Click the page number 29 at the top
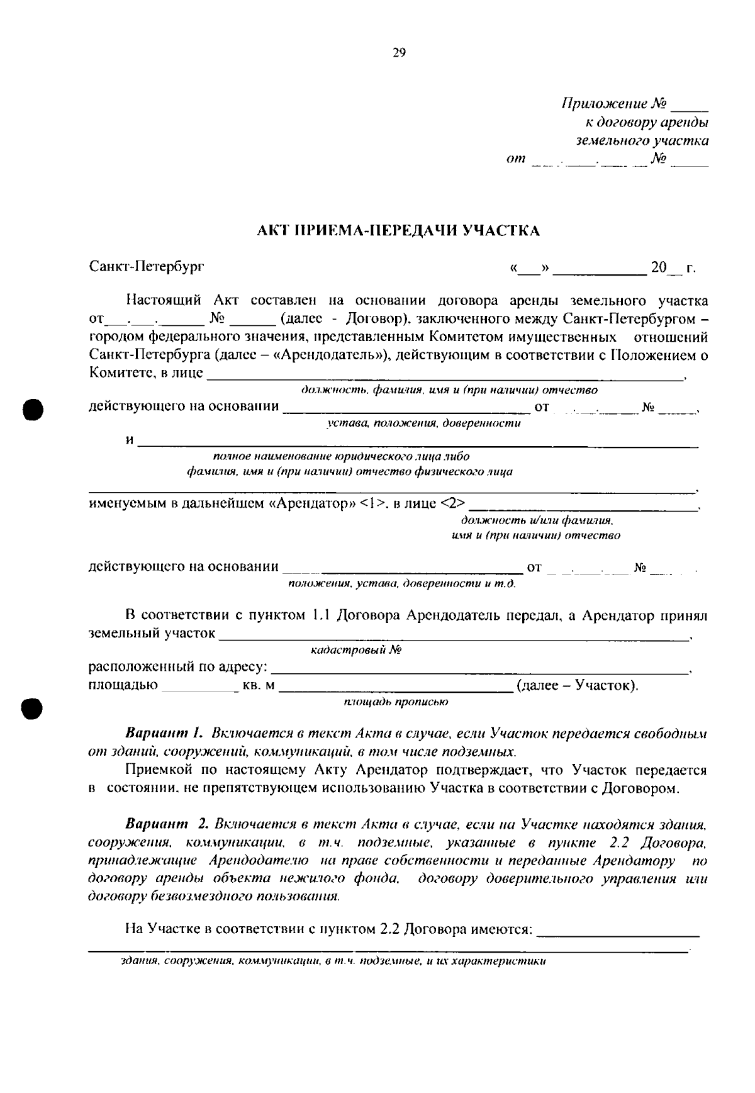[x=399, y=53]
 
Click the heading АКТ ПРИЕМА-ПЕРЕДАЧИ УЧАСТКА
[x=399, y=230]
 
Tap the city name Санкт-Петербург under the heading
[x=147, y=266]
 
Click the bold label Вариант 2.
[x=166, y=824]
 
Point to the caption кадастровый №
[x=356, y=651]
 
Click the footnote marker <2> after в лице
[x=453, y=503]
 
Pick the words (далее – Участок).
[x=577, y=685]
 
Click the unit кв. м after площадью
[x=259, y=685]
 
